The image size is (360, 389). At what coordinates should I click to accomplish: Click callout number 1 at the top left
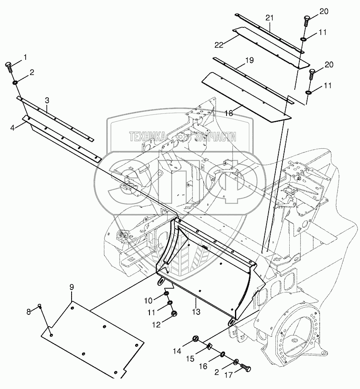pyautogui.click(x=24, y=56)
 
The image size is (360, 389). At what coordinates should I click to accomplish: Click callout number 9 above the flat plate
pyautogui.click(x=72, y=287)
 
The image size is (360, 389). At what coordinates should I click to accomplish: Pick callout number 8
pyautogui.click(x=29, y=312)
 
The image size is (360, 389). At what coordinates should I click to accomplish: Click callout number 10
pyautogui.click(x=148, y=301)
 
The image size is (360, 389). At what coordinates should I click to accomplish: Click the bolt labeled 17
pyautogui.click(x=246, y=369)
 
